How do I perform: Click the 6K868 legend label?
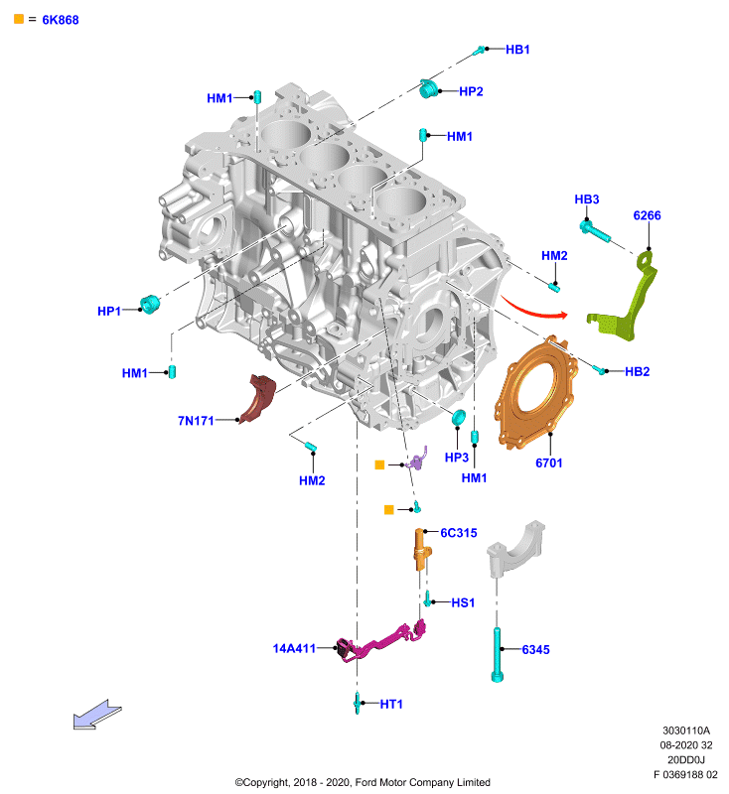tap(61, 20)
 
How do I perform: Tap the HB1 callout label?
tap(517, 49)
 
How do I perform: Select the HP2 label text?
tap(471, 91)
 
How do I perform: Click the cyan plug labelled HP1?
tap(149, 304)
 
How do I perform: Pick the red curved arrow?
tap(534, 310)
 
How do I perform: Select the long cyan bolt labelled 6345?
tap(497, 654)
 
